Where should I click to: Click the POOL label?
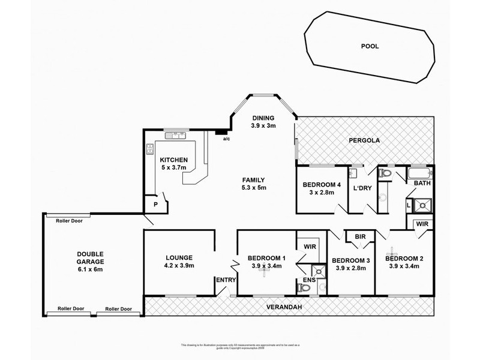[370, 46]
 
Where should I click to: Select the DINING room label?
[263, 122]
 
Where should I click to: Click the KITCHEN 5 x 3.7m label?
[174, 164]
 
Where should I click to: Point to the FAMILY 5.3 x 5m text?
[254, 184]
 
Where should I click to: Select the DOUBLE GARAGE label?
[90, 262]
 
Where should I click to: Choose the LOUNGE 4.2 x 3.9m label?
[178, 261]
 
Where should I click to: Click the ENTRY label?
[226, 280]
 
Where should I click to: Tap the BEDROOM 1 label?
[266, 263]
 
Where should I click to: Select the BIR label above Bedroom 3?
[360, 237]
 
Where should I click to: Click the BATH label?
[422, 183]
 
